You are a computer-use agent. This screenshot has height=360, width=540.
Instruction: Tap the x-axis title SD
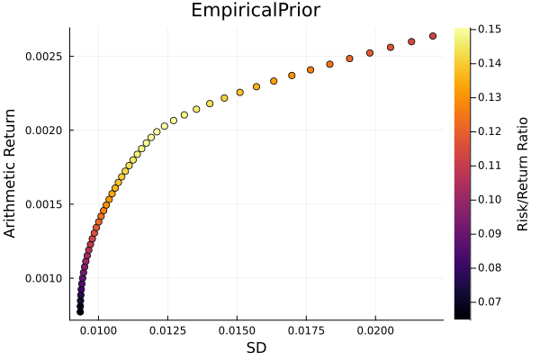(x=256, y=347)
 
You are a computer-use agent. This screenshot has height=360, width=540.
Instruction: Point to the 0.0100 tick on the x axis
(x=98, y=331)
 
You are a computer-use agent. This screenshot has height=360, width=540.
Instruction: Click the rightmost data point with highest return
(x=433, y=36)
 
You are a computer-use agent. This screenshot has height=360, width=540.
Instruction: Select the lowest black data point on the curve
(x=80, y=311)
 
